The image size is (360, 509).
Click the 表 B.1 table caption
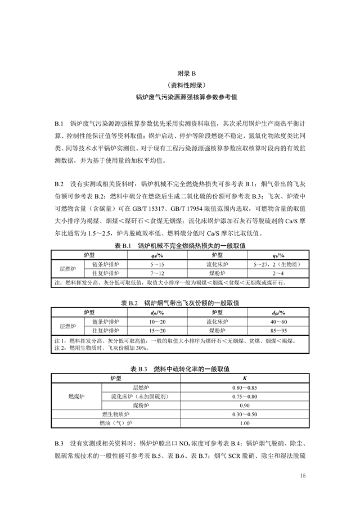tap(180, 246)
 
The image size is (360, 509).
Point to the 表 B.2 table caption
tap(180, 303)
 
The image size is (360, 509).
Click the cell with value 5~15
tap(158, 264)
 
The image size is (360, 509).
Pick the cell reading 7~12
tap(158, 273)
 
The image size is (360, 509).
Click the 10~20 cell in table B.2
tap(158, 321)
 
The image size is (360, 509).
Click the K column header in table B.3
tap(244, 378)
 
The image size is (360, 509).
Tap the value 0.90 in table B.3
tap(244, 406)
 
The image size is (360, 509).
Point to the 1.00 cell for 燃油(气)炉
tap(244, 424)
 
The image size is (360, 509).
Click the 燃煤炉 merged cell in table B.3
tap(76, 397)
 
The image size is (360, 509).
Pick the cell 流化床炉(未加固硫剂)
tap(141, 397)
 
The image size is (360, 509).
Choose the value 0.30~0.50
tap(244, 415)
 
